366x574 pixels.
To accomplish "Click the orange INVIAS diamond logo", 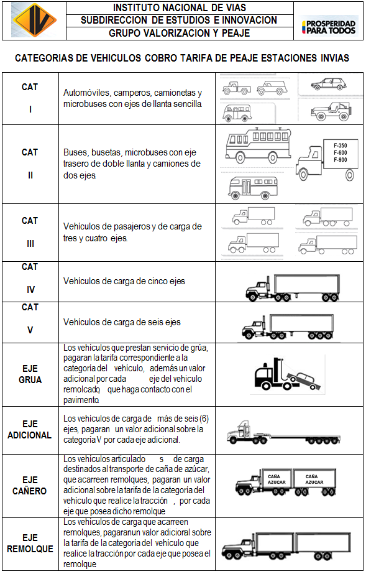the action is [34, 20].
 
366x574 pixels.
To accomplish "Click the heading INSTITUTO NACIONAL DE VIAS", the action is [180, 7].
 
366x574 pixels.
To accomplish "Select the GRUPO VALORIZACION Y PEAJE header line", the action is [180, 34].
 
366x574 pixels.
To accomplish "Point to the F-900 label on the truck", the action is [340, 160].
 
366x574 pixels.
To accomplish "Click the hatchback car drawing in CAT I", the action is [328, 84].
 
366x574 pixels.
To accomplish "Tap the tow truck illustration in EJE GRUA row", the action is [287, 374].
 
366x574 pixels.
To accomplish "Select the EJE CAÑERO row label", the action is [30, 486].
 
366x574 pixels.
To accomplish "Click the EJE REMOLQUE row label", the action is [30, 544].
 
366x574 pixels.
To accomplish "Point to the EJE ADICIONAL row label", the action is [30, 429].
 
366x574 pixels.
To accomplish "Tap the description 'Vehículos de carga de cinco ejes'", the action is [124, 281].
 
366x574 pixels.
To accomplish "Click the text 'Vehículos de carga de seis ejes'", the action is [122, 322].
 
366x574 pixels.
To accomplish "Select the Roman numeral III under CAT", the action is [30, 244].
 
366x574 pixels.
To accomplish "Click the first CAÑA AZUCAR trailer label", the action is [276, 479].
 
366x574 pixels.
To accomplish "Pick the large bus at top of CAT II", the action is [258, 146].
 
